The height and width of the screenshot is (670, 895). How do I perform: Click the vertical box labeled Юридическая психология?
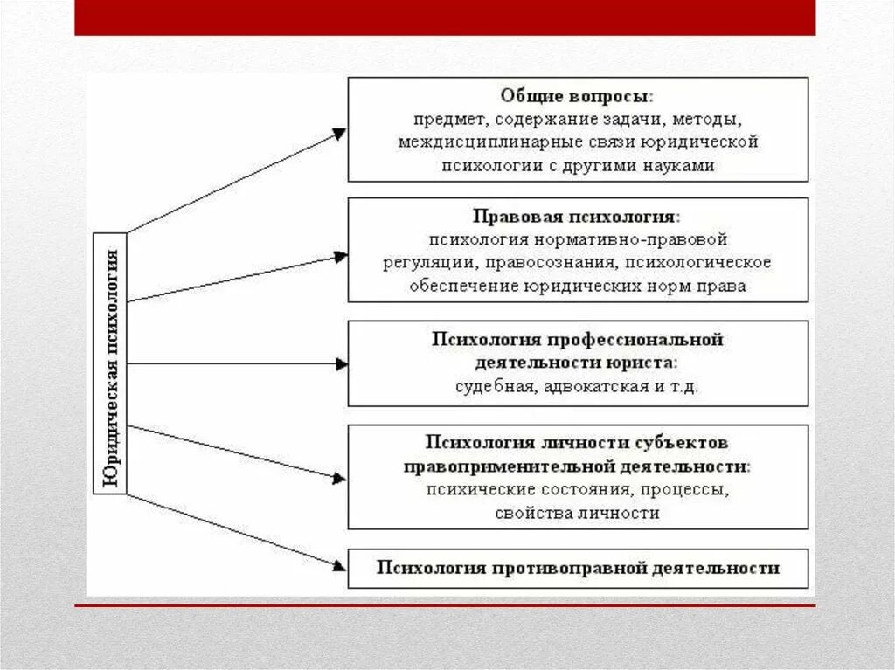pyautogui.click(x=111, y=364)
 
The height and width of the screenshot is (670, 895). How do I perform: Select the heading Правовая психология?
pyautogui.click(x=577, y=215)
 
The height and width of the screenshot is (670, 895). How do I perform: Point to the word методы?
pyautogui.click(x=709, y=118)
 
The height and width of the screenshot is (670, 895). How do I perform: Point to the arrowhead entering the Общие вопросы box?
pyautogui.click(x=339, y=134)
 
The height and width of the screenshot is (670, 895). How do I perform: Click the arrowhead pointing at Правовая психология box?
pyautogui.click(x=340, y=256)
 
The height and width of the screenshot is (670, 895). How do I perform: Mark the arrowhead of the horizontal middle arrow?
pyautogui.click(x=341, y=364)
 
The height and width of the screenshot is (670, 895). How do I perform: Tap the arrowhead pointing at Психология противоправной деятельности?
pyautogui.click(x=339, y=566)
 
